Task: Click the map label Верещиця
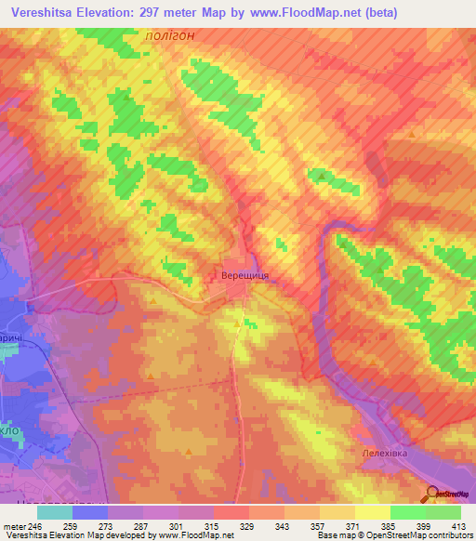245,276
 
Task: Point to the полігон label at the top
169,35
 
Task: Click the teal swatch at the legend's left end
55,512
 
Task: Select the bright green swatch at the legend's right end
443,512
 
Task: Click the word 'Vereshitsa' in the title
40,13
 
